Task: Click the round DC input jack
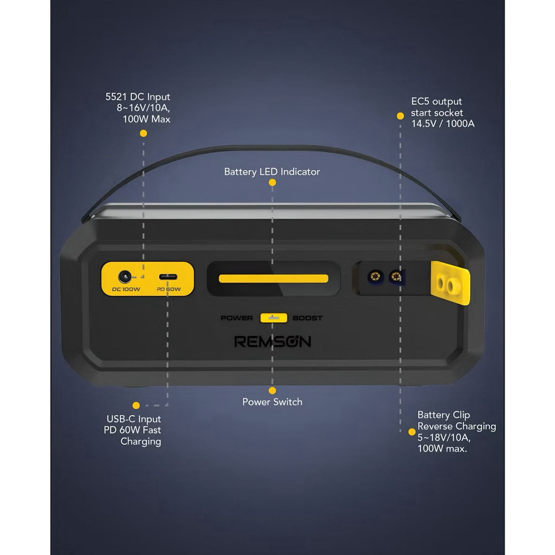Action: tap(125, 276)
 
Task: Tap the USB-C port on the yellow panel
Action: tap(168, 277)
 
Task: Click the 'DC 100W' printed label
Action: tap(126, 289)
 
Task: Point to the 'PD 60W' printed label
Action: tap(169, 289)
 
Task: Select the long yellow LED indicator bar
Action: tap(273, 279)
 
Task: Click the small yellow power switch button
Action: tap(274, 318)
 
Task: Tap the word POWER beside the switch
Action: tap(237, 318)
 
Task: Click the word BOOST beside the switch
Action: tap(308, 318)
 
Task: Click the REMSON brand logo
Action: tap(273, 341)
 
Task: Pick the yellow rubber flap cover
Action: tap(450, 283)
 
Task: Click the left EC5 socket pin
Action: tap(376, 276)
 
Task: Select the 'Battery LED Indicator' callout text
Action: tap(272, 172)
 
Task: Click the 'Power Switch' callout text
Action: tap(272, 402)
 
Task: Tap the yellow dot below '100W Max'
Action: tap(143, 133)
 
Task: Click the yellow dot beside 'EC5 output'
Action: tap(401, 116)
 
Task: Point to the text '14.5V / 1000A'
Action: tap(443, 124)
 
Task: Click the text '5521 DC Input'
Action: tap(138, 96)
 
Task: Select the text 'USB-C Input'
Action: tap(134, 419)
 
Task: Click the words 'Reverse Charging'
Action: tap(456, 426)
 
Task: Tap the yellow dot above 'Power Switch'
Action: tap(272, 390)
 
